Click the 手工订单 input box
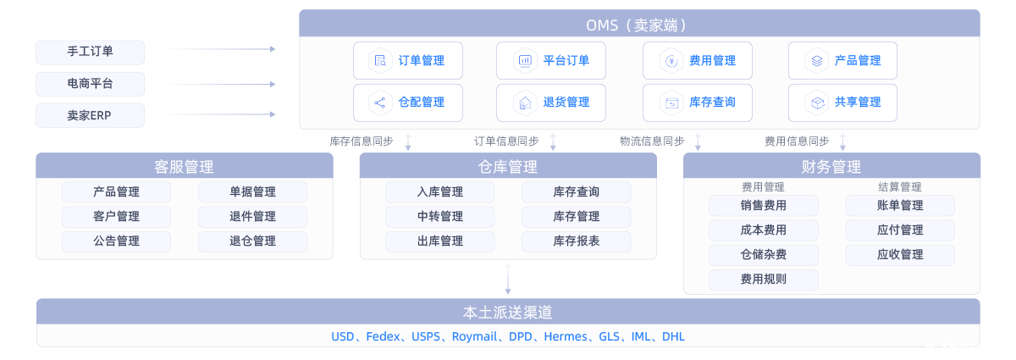[x=90, y=53]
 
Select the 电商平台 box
[x=90, y=84]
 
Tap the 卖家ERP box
[x=90, y=115]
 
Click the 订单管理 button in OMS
[x=408, y=61]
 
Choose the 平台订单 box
[x=551, y=61]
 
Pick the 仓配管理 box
[x=408, y=102]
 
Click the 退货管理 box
[x=551, y=102]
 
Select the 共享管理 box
[x=842, y=102]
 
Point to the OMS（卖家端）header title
[x=639, y=25]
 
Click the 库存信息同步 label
[x=362, y=141]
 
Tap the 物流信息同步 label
[x=652, y=141]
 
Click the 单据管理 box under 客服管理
[x=252, y=192]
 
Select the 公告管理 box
[x=116, y=241]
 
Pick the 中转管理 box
[x=439, y=217]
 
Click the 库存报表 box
[x=576, y=241]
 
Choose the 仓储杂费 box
[x=763, y=255]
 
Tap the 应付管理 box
[x=900, y=230]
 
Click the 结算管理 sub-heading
[x=899, y=187]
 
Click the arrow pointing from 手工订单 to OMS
[x=220, y=50]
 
